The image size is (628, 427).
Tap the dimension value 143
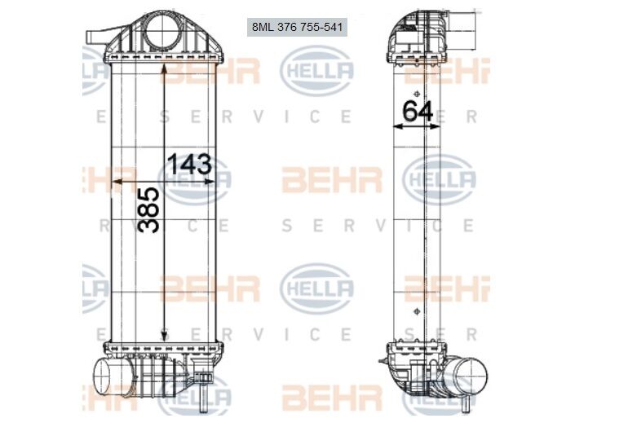click(189, 164)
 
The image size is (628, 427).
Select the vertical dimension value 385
click(149, 209)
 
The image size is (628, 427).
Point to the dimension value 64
click(418, 111)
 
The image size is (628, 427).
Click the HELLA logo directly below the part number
click(316, 71)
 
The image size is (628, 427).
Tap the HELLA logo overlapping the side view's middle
click(439, 179)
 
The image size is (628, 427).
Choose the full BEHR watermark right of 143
click(332, 179)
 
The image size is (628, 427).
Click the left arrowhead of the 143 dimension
click(115, 182)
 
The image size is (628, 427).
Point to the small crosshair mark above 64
click(417, 94)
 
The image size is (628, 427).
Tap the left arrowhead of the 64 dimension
click(397, 126)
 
